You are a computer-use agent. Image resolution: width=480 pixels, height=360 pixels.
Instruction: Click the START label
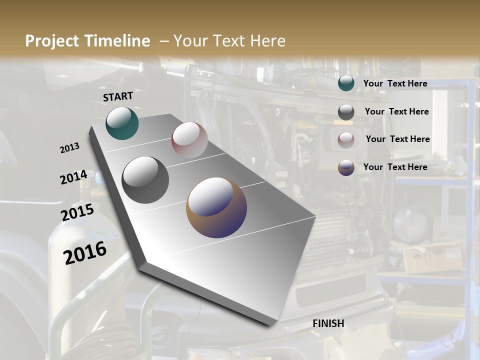[x=118, y=96]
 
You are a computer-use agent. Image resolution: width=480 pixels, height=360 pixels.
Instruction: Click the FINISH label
[x=328, y=323]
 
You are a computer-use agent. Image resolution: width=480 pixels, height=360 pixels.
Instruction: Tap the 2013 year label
[x=69, y=148]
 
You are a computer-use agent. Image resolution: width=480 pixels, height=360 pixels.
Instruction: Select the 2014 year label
[x=73, y=177]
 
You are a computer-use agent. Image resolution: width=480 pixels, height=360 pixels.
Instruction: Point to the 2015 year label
[x=77, y=212]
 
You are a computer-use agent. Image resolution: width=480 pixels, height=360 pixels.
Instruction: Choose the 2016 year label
[x=85, y=252]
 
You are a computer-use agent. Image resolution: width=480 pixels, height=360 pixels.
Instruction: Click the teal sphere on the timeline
[x=122, y=123]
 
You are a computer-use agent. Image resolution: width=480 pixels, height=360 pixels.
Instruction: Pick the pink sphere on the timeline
[x=189, y=140]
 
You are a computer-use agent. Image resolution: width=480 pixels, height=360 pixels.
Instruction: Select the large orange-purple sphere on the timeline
[x=216, y=207]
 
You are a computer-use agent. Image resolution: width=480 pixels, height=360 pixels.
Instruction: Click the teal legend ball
[x=346, y=83]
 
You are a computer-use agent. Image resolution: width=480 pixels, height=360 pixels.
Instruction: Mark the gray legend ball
[x=346, y=112]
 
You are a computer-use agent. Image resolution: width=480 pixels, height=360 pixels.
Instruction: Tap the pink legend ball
[x=346, y=140]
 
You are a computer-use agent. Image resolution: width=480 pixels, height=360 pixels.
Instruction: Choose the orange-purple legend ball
[x=346, y=167]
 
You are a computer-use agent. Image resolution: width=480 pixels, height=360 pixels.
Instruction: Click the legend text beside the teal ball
[x=395, y=83]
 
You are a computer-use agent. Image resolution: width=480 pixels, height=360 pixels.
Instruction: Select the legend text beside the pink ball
[x=397, y=139]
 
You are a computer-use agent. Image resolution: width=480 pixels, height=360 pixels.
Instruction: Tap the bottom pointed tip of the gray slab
[x=270, y=324]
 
